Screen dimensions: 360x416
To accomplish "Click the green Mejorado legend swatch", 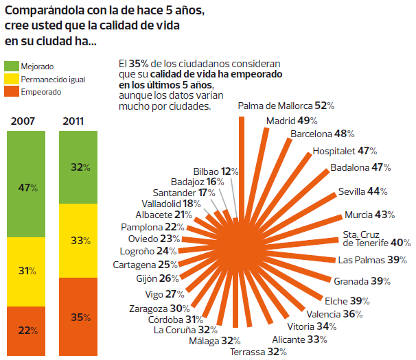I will (12, 67).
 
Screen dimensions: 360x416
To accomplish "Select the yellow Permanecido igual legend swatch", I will (12, 80).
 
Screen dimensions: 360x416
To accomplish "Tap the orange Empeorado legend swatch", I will (12, 92).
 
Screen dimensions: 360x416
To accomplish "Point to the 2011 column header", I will (73, 121).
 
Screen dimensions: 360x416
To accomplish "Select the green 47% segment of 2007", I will (27, 187).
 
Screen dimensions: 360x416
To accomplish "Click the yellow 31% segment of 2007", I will (27, 271).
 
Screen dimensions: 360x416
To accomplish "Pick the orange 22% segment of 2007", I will (27, 330).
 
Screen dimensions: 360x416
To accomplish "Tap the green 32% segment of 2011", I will (81, 167).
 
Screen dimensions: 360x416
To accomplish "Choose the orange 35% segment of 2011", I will (81, 317).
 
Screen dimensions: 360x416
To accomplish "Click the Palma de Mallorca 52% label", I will (286, 106).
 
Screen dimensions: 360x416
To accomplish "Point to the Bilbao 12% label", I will (216, 171).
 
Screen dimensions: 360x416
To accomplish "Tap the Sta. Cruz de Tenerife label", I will (377, 238).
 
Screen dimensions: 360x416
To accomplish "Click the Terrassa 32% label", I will (258, 352).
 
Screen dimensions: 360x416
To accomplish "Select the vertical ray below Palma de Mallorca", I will (242, 165).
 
